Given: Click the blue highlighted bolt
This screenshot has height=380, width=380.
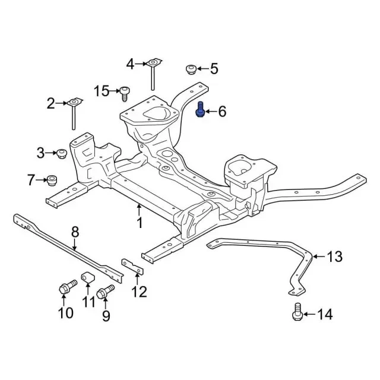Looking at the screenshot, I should pyautogui.click(x=201, y=110).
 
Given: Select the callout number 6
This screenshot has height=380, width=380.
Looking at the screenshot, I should pyautogui.click(x=222, y=111).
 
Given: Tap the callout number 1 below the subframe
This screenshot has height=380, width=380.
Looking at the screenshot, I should pyautogui.click(x=140, y=223).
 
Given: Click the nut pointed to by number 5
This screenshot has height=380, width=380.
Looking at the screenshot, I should pyautogui.click(x=191, y=69).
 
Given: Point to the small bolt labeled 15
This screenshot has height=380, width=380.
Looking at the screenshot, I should pyautogui.click(x=125, y=92).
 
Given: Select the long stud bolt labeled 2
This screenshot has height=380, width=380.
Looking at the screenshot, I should pyautogui.click(x=73, y=113).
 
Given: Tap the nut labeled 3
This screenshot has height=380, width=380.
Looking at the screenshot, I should pyautogui.click(x=60, y=154).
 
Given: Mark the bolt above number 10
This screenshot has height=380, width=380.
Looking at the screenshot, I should pyautogui.click(x=65, y=289).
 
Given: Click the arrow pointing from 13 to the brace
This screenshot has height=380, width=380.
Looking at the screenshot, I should pyautogui.click(x=318, y=256).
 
